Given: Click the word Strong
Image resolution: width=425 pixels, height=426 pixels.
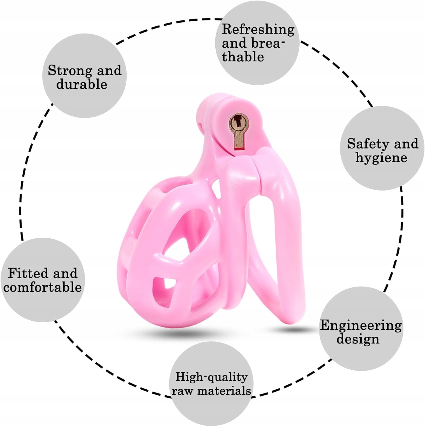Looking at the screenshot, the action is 70,70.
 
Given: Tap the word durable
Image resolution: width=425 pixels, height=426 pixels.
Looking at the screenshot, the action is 82,84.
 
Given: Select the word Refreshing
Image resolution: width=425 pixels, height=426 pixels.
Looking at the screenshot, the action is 258,30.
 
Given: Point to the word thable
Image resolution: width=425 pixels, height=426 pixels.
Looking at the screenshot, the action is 243,57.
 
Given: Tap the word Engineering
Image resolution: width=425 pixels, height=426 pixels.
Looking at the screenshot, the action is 361,325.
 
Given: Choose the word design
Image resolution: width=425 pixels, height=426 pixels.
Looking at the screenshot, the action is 358,339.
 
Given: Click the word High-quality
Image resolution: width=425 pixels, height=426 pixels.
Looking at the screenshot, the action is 211,377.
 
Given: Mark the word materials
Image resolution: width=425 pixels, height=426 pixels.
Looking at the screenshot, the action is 224,391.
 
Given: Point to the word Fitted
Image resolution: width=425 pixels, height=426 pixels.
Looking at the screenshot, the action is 28,273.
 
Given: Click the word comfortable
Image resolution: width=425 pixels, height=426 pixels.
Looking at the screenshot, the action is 43,287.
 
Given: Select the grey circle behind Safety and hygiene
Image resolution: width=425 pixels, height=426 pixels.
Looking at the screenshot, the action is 382,173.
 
